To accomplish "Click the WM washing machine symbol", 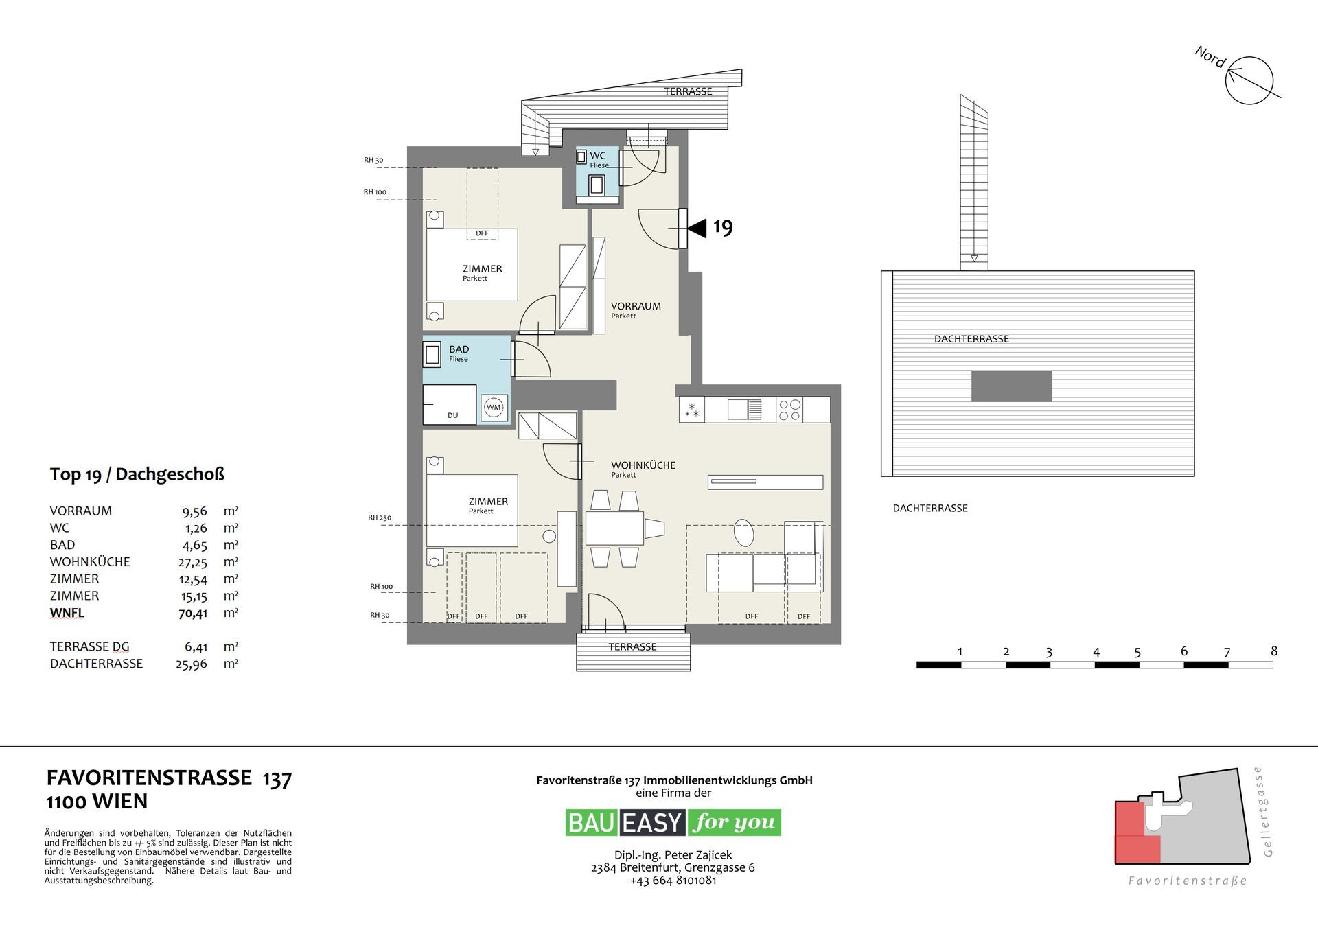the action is [x=494, y=408].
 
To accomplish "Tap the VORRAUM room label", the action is [x=636, y=306].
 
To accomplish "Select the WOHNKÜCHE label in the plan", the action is [x=643, y=465].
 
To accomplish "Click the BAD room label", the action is [x=459, y=349].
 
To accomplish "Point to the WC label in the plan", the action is [x=597, y=156].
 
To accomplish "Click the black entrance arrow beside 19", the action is [x=697, y=228].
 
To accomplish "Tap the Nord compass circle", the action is [x=1249, y=80].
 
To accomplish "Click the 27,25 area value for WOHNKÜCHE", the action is [x=194, y=562].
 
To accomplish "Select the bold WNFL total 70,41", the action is [x=193, y=614].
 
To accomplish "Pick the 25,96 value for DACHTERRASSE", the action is [x=192, y=664].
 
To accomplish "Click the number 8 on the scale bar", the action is [x=1274, y=651].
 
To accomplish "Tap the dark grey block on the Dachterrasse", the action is [x=1011, y=386].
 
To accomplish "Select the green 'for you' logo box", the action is [x=734, y=822].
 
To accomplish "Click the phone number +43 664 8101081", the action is [x=673, y=881].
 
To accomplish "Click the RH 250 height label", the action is [x=380, y=517].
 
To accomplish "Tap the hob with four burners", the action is [x=789, y=410].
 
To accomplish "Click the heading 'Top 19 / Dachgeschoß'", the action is [x=137, y=474].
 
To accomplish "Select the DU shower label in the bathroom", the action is [x=452, y=415].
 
